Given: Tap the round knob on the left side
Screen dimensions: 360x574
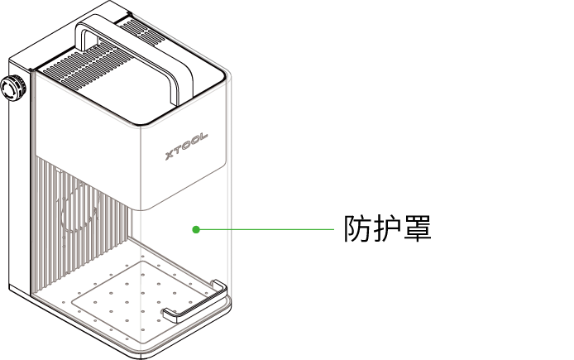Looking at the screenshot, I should (12, 89).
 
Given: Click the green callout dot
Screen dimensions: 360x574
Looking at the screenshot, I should (196, 229).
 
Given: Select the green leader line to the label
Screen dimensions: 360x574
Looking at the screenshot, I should (265, 229).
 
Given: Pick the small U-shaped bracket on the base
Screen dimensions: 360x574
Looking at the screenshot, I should (194, 302).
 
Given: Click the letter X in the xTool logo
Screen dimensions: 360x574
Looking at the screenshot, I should (169, 155).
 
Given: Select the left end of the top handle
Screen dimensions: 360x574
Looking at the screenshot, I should (83, 37).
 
